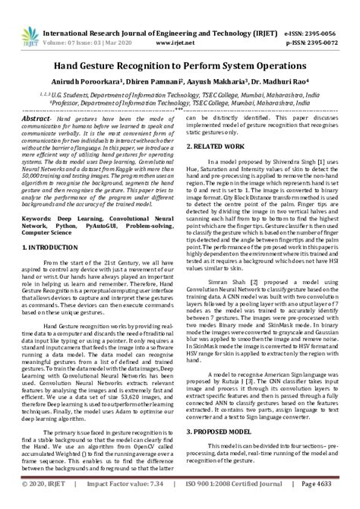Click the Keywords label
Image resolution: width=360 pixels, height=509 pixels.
[40, 218]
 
